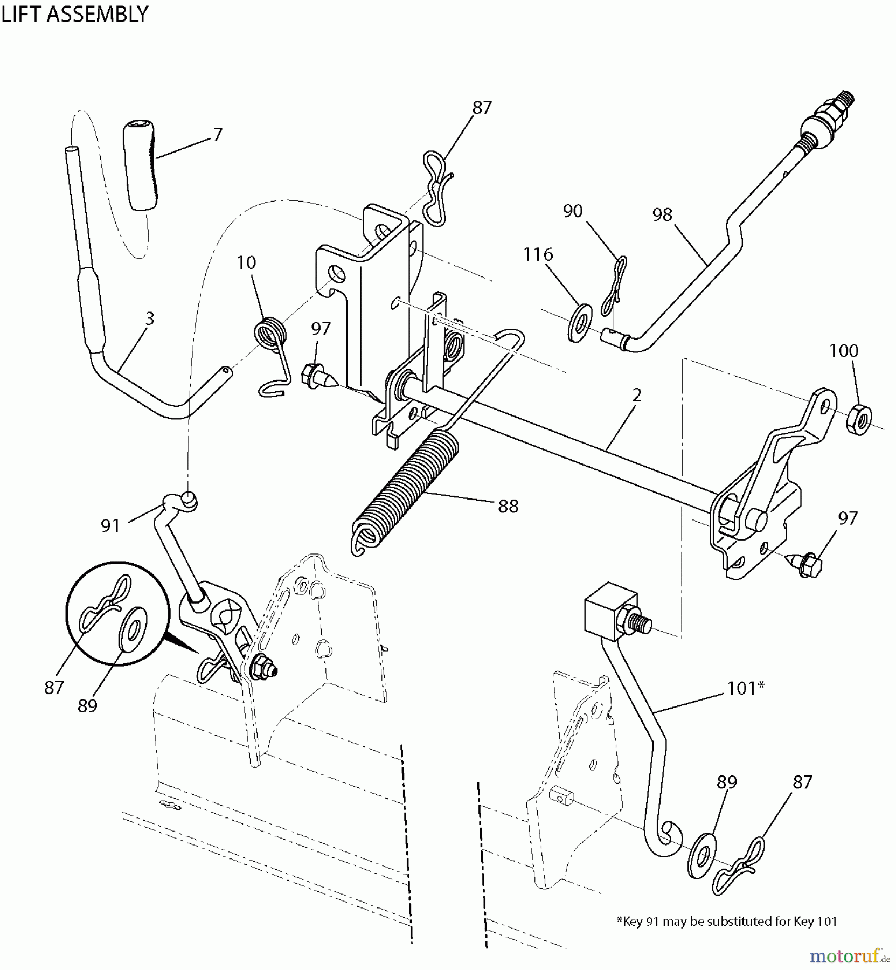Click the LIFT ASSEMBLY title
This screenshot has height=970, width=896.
[74, 14]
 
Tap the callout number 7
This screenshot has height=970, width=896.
[217, 134]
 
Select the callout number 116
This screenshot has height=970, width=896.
[538, 254]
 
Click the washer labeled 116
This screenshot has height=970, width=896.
[580, 324]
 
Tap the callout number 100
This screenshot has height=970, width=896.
[844, 351]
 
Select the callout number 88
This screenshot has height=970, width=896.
[508, 506]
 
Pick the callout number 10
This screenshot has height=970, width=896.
[246, 263]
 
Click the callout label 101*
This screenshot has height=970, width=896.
[746, 688]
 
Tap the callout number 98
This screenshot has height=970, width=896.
[662, 215]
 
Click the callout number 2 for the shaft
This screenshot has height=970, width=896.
[637, 395]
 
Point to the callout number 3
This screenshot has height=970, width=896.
[150, 318]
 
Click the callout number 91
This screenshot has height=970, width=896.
[110, 525]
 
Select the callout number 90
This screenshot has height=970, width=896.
[573, 211]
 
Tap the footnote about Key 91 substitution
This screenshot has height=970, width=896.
[726, 921]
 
